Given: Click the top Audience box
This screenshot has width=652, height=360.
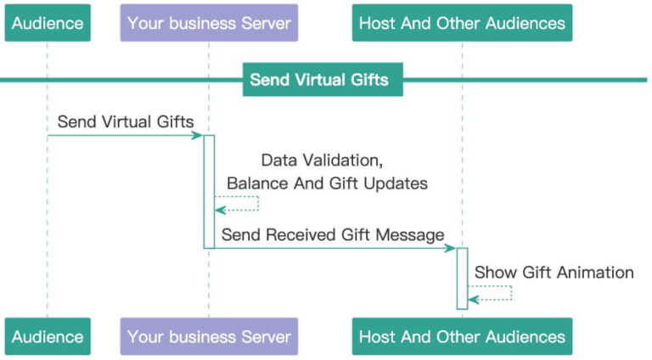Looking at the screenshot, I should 48,23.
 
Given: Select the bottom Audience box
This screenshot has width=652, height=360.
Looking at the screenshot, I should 48,336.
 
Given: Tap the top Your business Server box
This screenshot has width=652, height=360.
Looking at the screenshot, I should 209,23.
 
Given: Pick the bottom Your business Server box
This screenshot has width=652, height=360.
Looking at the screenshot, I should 209,336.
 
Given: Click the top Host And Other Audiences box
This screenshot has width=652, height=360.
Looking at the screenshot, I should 462,23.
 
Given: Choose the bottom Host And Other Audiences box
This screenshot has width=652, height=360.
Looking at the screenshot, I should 462,336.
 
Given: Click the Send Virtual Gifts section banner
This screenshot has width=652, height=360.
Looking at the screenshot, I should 319,81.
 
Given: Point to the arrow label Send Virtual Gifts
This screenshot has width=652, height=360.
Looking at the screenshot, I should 126,121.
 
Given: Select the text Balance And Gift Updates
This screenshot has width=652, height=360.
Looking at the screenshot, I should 327,183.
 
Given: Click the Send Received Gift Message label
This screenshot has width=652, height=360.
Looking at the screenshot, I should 333,233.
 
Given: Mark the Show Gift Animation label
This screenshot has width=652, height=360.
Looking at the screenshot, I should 554,273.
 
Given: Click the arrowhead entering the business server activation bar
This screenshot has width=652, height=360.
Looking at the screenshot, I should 198,135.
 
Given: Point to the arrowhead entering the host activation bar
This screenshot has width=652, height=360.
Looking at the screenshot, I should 451,248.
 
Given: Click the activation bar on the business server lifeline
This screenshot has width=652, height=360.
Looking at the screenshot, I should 209,191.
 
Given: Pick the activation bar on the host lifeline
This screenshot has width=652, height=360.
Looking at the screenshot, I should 462,278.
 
